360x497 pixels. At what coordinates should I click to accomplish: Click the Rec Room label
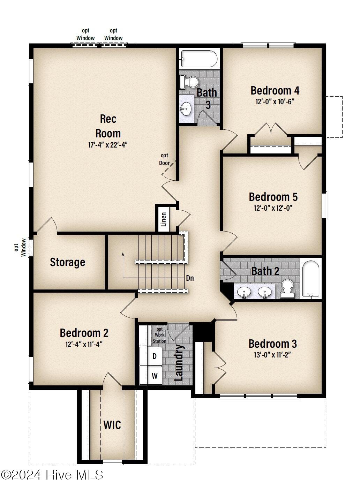tap(108, 126)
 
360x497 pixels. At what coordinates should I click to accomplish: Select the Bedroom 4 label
tap(275, 91)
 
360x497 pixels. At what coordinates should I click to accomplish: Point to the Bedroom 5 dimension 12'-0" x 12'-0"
tap(273, 208)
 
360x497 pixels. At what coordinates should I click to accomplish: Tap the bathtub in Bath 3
tap(199, 59)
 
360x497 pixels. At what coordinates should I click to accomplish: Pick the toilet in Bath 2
tap(287, 288)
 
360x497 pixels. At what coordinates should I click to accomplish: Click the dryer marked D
tap(151, 356)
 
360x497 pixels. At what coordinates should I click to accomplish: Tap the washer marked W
tap(151, 376)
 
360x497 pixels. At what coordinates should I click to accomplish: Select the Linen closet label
tap(164, 219)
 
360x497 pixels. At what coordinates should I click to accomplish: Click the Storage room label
tap(67, 262)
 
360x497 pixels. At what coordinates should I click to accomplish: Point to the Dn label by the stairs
tap(190, 278)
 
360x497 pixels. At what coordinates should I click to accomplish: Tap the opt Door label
tap(164, 159)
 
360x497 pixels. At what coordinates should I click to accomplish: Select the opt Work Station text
tap(159, 335)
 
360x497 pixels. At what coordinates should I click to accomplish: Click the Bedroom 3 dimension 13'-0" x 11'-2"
tap(272, 355)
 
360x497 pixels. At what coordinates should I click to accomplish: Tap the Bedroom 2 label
tap(84, 333)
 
